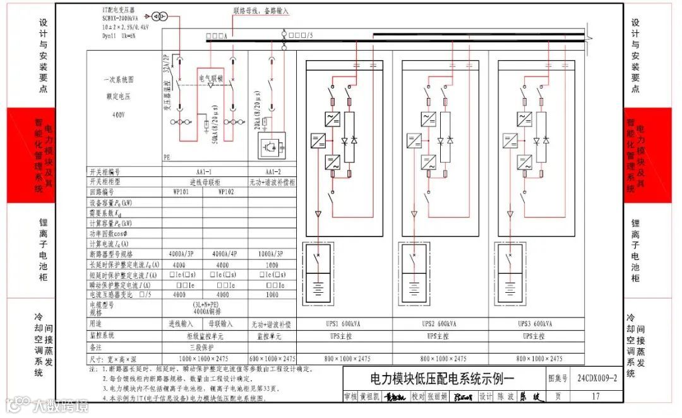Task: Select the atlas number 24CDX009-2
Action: click(x=596, y=378)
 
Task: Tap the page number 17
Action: click(x=596, y=396)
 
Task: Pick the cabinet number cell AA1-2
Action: click(x=272, y=171)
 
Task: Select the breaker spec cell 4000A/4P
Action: click(x=225, y=254)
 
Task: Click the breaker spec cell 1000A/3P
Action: click(x=272, y=254)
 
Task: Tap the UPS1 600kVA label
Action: click(x=344, y=324)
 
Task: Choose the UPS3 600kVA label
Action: click(x=536, y=324)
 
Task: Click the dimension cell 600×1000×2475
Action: click(x=272, y=359)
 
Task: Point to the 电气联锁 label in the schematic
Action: click(x=211, y=78)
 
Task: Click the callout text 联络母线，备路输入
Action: click(x=260, y=11)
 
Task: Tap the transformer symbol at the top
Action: click(x=159, y=15)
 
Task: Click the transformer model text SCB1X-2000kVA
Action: click(x=124, y=19)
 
